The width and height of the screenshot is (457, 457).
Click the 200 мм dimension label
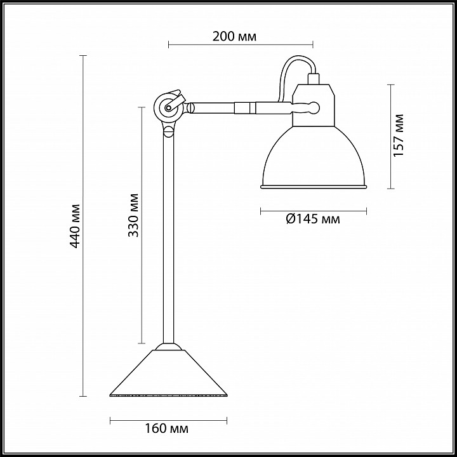[x=234, y=36]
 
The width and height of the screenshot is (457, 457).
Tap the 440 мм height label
[x=75, y=226]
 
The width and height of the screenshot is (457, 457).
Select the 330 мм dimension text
[x=133, y=215]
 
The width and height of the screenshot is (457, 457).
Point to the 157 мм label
[x=399, y=135]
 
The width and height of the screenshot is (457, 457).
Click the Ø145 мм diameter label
[x=313, y=218]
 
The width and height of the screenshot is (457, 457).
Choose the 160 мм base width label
[x=166, y=428]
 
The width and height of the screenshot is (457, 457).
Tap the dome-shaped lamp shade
[x=314, y=157]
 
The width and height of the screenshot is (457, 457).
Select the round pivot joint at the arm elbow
[x=168, y=107]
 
